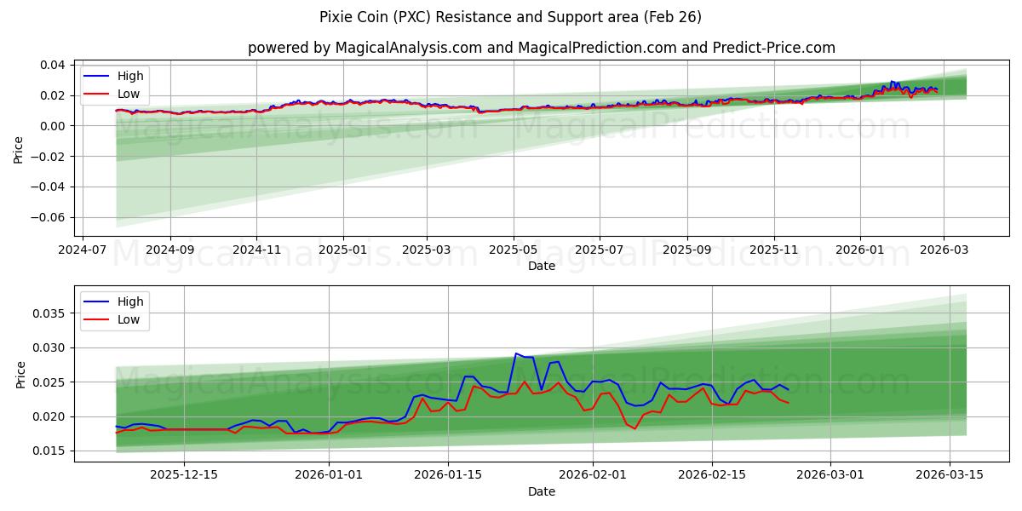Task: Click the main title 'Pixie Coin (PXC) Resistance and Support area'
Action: (511, 17)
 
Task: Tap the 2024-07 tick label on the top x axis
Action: (83, 250)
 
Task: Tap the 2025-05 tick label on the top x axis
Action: (514, 250)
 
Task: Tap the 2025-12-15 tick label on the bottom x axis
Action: (184, 475)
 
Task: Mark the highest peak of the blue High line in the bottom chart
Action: (516, 353)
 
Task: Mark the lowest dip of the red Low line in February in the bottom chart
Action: (634, 428)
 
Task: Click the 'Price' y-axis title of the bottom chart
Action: (20, 375)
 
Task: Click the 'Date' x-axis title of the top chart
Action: (542, 266)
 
